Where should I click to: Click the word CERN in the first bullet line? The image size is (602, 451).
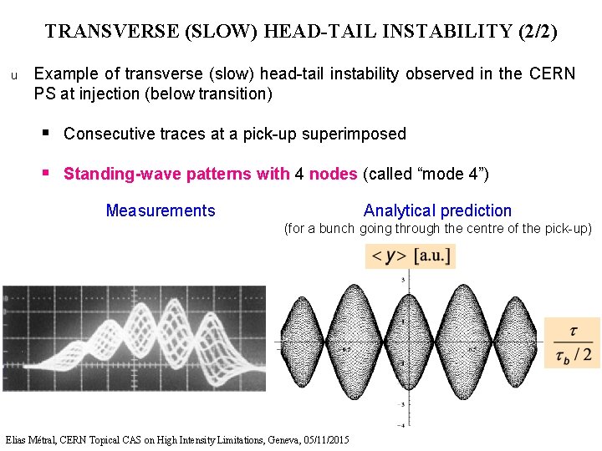(553, 73)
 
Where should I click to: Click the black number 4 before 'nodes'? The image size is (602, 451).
(299, 174)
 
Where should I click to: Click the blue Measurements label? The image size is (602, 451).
(161, 210)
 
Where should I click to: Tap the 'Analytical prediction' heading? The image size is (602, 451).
(437, 210)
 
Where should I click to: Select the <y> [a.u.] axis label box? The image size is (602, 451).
(410, 256)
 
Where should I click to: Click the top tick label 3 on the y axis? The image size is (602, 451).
(404, 279)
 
